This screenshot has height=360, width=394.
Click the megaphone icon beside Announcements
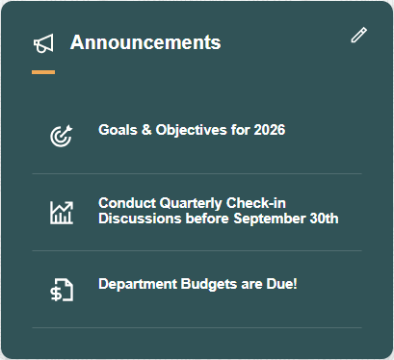[43, 44]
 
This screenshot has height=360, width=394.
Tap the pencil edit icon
[359, 36]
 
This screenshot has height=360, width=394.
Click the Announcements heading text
[145, 42]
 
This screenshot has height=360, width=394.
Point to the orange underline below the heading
[43, 71]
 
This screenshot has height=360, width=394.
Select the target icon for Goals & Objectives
[62, 136]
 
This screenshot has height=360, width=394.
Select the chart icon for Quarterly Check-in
[62, 212]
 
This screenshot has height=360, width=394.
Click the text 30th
[322, 219]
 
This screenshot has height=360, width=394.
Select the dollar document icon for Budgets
[62, 290]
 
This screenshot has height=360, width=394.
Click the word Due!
[280, 284]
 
